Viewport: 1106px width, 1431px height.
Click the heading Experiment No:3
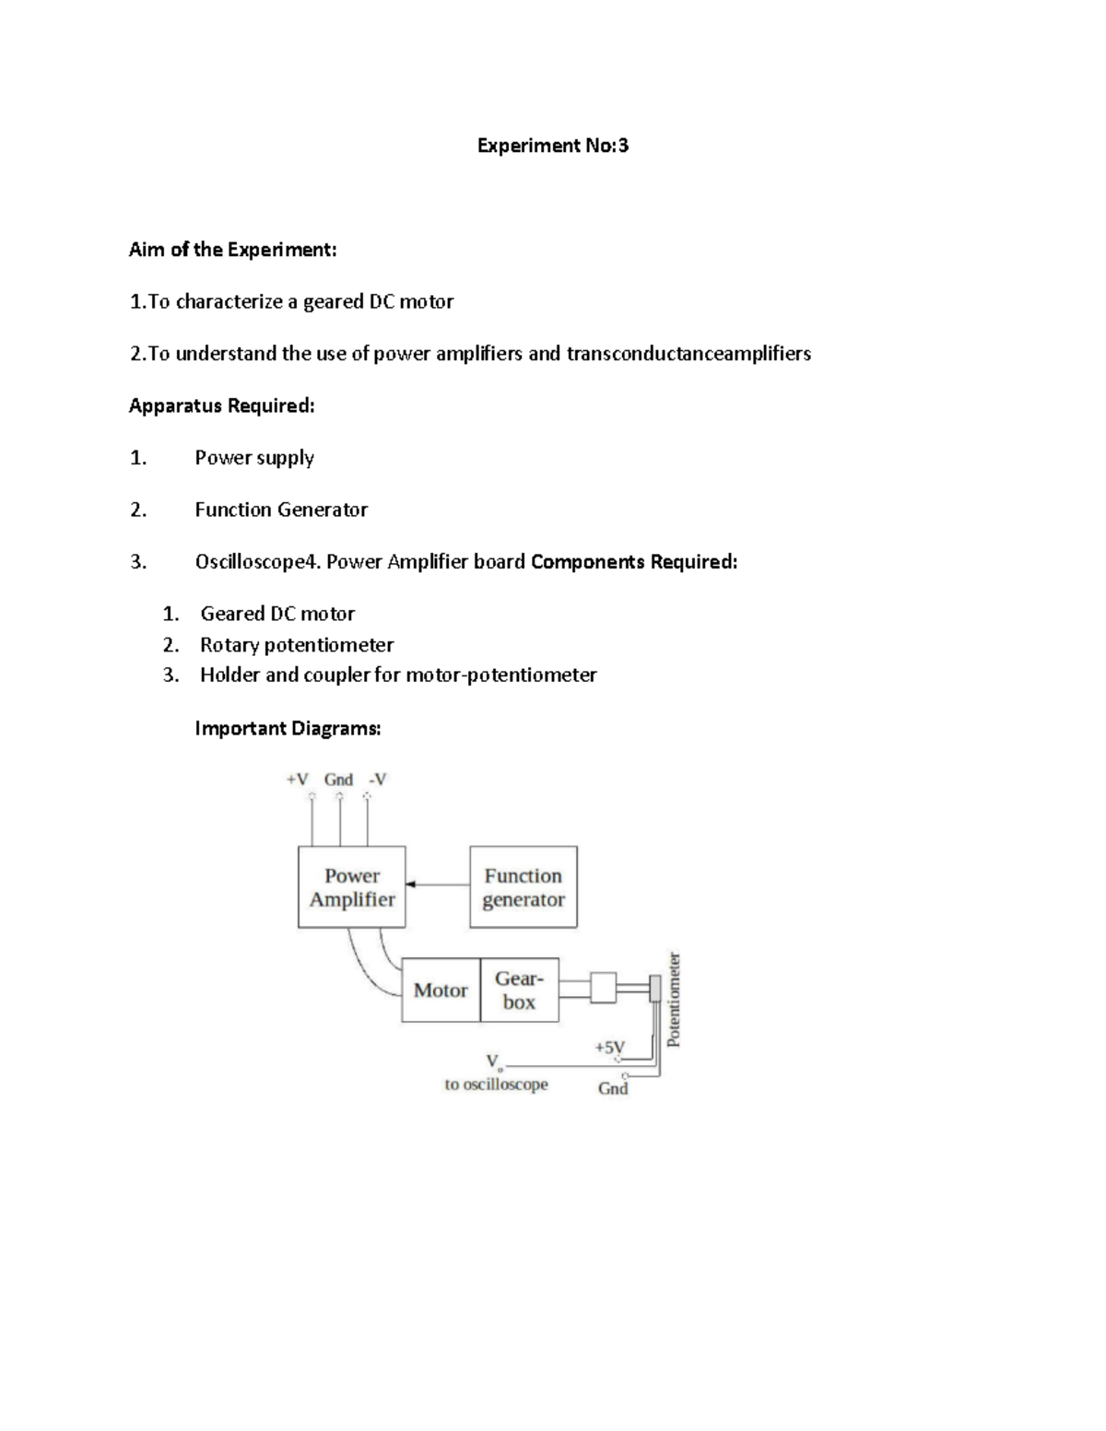552,146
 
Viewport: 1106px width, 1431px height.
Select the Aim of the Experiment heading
232,250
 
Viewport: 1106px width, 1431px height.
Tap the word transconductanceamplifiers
688,354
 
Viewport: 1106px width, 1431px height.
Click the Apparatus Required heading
221,405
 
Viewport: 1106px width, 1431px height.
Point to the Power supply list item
254,458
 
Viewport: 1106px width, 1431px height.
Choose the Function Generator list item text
281,510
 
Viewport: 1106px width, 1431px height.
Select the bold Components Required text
634,562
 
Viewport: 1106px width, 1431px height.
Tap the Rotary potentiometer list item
297,645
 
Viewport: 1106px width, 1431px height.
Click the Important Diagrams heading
288,729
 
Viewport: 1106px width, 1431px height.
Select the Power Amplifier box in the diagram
352,887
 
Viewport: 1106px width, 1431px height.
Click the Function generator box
524,887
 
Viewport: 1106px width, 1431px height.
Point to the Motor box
441,991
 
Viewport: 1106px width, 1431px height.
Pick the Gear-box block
520,991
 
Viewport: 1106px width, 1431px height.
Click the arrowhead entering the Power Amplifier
411,885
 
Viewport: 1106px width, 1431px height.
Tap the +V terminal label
297,780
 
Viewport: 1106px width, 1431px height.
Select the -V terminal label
377,780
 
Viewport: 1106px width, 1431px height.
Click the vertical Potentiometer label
674,1000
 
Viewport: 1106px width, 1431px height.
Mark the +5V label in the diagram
609,1048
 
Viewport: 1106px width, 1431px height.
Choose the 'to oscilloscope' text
496,1085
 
